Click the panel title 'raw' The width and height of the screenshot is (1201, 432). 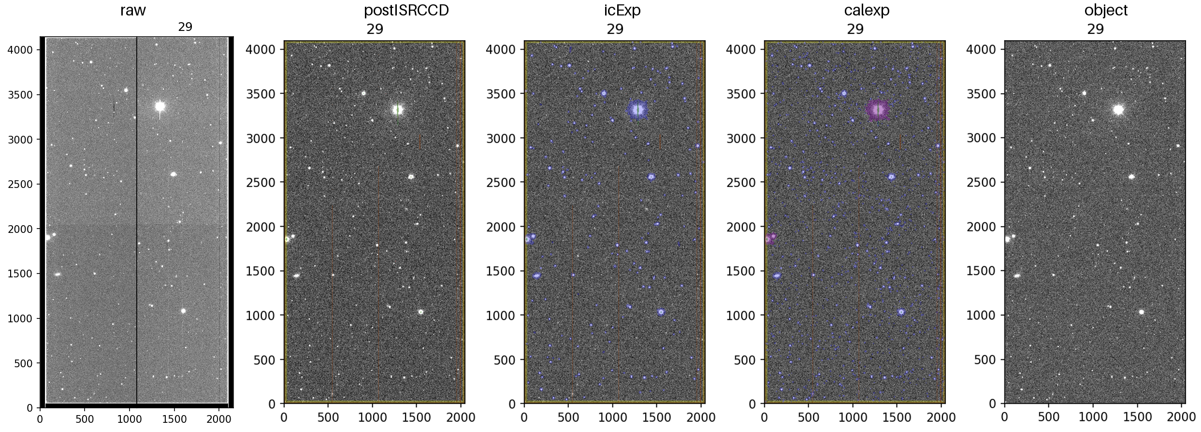(133, 11)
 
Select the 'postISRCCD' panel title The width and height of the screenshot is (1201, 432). (406, 10)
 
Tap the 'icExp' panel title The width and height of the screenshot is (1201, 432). (622, 10)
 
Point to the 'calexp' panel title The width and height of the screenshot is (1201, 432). (867, 10)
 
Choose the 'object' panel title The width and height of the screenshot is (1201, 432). (1106, 10)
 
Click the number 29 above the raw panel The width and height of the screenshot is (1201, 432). (185, 27)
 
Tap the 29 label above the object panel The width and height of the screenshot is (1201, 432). (1095, 29)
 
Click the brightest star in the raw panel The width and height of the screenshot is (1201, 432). (160, 106)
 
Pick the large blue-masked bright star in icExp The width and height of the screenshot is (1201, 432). (637, 110)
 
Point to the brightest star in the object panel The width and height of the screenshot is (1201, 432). (1118, 110)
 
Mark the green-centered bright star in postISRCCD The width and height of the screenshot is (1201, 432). (397, 110)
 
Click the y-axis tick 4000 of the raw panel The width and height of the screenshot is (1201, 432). (20, 50)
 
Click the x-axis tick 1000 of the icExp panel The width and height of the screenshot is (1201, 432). (613, 417)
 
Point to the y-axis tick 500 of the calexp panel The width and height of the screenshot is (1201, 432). (746, 360)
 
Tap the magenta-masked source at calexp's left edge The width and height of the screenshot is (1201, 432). (769, 238)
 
